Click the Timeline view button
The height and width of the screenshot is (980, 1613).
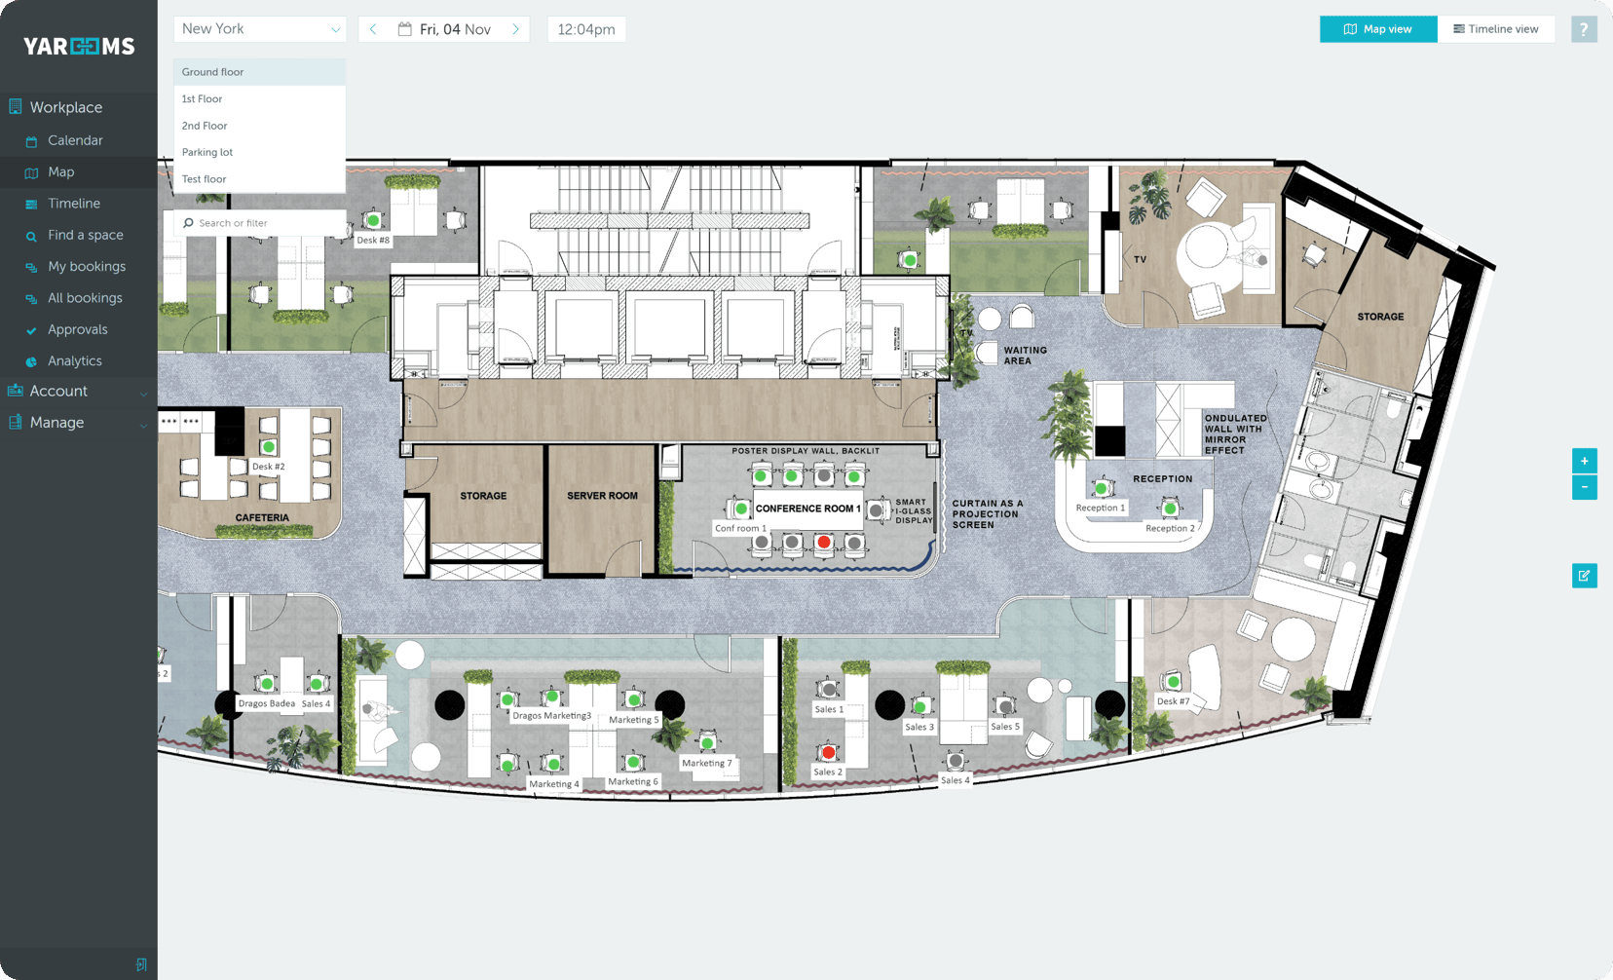1496,29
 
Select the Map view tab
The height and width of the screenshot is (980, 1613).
1377,29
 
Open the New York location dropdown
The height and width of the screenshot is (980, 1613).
260,29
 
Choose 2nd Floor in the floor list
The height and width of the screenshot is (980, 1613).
205,126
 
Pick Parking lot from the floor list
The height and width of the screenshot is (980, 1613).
207,152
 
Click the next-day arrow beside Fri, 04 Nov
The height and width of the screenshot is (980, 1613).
516,29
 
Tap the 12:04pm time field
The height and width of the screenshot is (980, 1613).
586,29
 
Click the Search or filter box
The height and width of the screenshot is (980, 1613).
261,223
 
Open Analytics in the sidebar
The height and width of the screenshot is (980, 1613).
75,360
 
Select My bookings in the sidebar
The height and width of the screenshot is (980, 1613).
87,266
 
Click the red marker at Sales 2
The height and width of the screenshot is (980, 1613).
828,752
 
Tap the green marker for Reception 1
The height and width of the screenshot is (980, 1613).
1101,488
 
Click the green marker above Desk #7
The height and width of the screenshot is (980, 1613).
1173,682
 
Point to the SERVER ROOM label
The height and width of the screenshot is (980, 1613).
602,496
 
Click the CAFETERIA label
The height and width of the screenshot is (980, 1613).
262,517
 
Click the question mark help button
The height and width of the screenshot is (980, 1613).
1584,29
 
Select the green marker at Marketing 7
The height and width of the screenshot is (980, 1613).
707,743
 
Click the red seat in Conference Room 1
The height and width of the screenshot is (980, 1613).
824,542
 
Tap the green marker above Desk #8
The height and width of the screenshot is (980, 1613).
372,221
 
